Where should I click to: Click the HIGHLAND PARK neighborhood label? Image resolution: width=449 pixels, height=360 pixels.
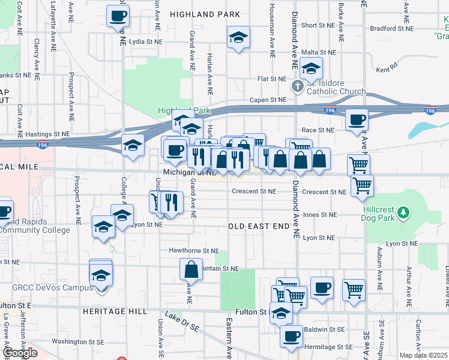tap(205, 14)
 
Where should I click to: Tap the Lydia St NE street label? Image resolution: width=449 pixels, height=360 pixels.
tap(146, 41)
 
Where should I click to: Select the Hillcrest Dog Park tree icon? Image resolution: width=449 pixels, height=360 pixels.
tap(405, 212)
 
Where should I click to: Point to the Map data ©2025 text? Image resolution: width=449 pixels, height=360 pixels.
tap(423, 355)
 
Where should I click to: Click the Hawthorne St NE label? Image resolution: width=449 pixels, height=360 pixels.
tap(194, 251)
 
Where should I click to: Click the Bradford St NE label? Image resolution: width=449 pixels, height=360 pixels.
tap(392, 28)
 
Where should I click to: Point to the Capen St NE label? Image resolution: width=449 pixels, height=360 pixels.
tap(268, 100)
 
